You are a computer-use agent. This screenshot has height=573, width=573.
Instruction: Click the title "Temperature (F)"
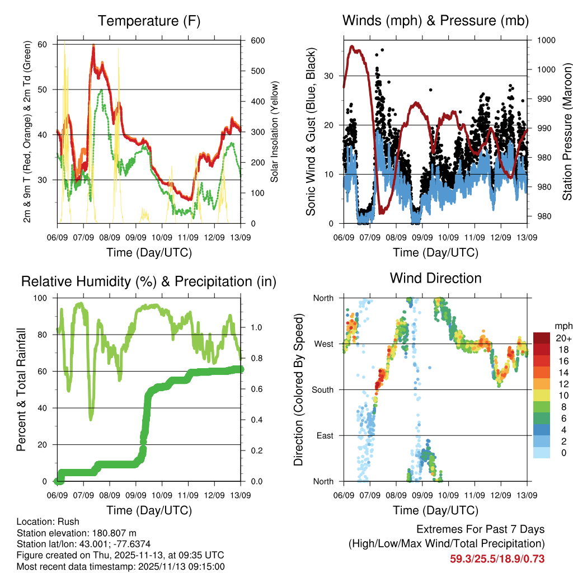click(x=149, y=21)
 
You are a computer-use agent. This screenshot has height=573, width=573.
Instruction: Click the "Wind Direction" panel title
click(x=435, y=278)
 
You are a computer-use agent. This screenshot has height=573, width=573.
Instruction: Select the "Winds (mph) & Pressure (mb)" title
click(x=435, y=21)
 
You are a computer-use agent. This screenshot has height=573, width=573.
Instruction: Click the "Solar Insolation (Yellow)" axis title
click(x=275, y=132)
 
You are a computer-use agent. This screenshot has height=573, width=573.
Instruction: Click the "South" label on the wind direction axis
click(x=323, y=389)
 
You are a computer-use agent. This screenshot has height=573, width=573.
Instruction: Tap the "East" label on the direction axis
click(x=325, y=435)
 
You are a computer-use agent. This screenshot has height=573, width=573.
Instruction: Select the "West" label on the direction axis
click(x=324, y=344)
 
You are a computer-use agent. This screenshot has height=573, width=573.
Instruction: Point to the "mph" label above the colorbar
click(x=562, y=326)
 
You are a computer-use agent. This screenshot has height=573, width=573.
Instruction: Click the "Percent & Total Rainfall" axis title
click(x=21, y=389)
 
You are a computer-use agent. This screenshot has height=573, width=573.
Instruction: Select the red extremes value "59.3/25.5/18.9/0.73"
click(x=497, y=558)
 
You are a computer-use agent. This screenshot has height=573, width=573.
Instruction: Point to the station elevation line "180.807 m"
click(x=77, y=533)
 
